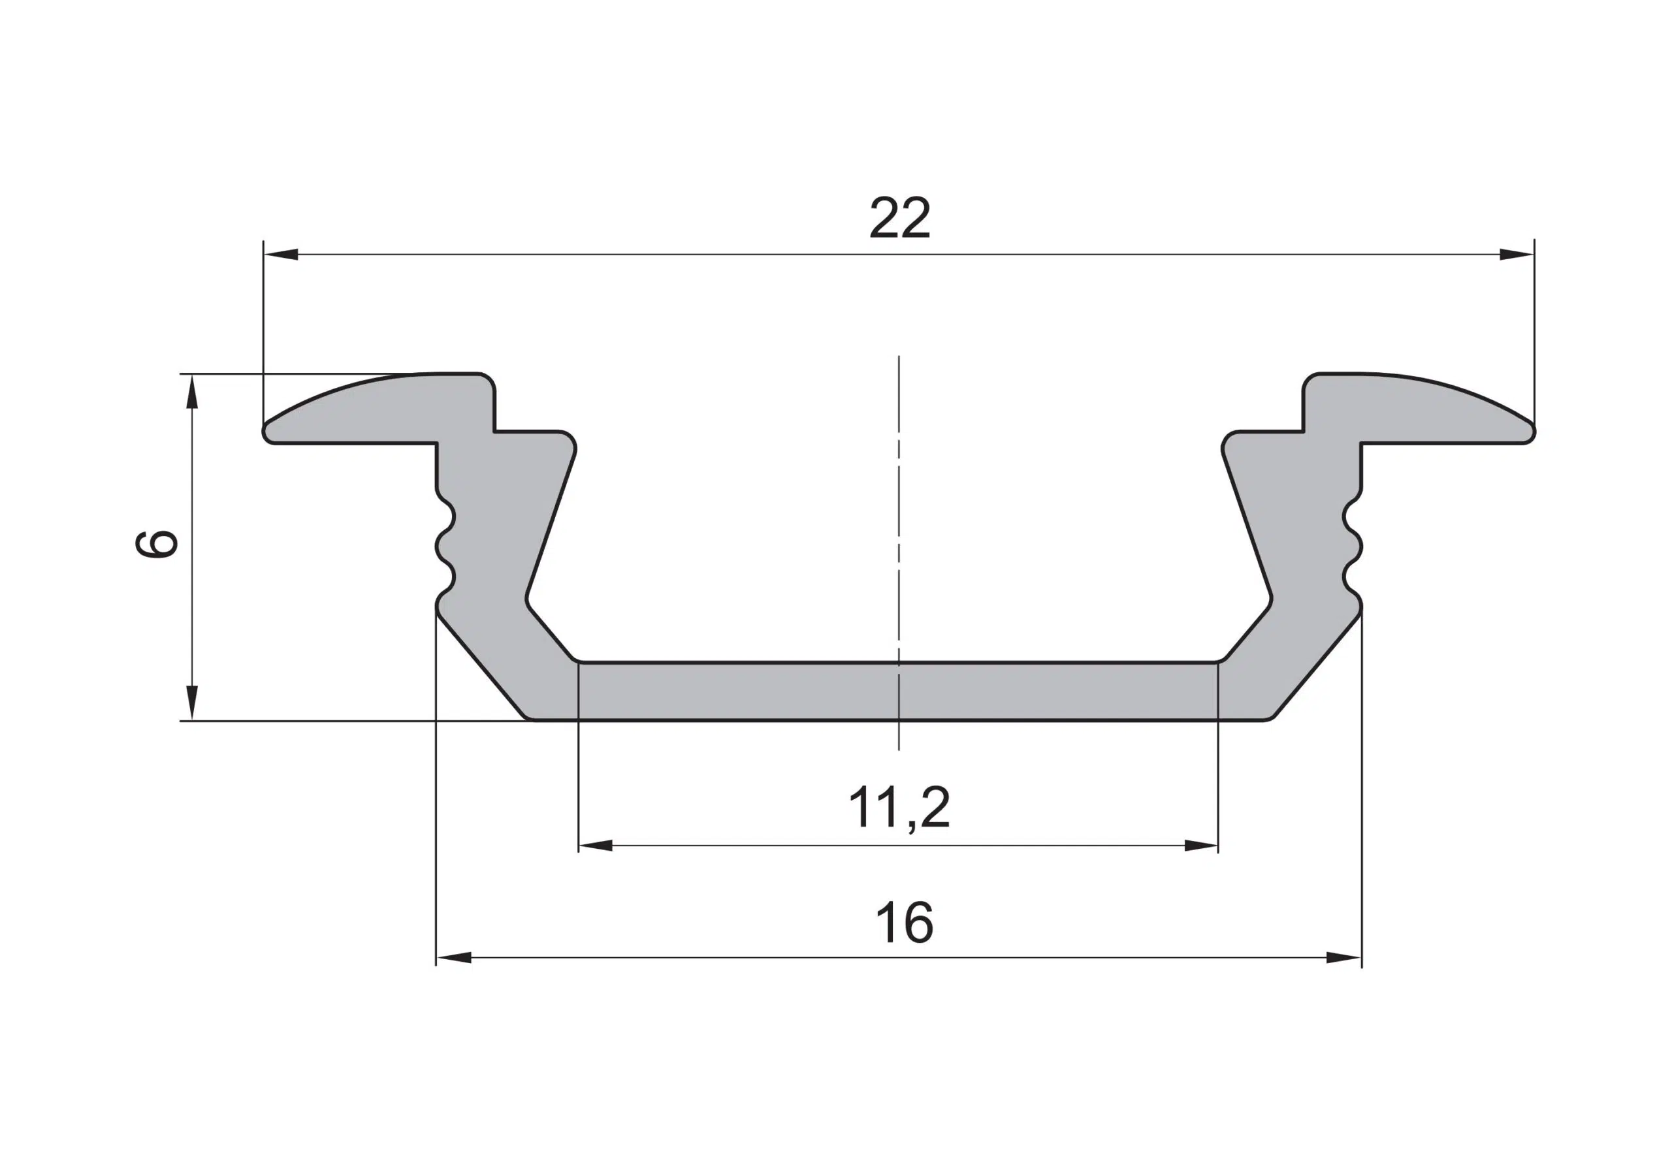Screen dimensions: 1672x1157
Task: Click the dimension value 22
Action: (x=899, y=218)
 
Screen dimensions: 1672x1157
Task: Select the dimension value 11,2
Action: (x=898, y=809)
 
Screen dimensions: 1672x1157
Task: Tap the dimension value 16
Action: (x=904, y=922)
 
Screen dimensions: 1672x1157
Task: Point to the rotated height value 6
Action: (x=157, y=543)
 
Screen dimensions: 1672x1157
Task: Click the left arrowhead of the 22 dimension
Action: (x=281, y=255)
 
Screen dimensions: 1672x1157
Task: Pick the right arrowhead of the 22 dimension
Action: (x=1516, y=255)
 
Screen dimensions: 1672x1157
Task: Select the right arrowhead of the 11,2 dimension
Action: (x=1200, y=846)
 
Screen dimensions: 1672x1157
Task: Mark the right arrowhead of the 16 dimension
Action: (x=1343, y=958)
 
